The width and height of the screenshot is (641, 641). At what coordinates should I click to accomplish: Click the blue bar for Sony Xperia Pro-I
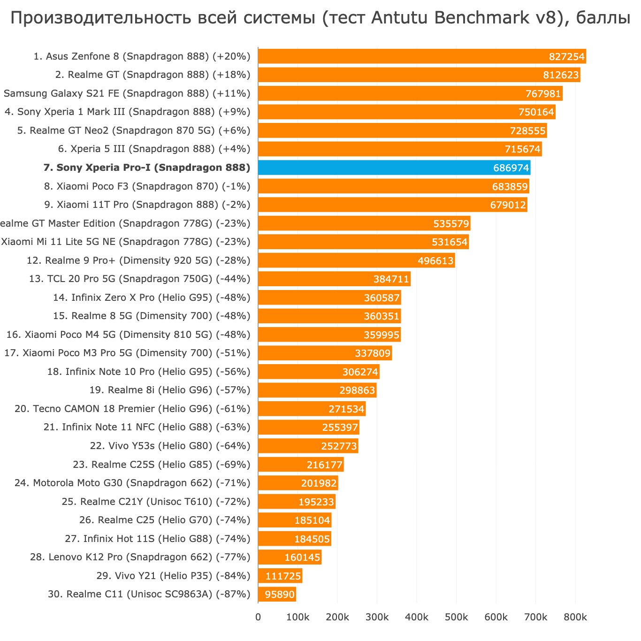(394, 168)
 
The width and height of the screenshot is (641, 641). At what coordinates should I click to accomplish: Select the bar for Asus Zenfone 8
(422, 56)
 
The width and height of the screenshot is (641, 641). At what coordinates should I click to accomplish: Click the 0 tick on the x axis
(258, 618)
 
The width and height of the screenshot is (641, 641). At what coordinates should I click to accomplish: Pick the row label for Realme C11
(149, 594)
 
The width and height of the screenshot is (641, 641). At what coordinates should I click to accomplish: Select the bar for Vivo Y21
(280, 576)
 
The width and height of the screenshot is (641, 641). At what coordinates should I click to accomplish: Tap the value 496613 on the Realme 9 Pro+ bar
(435, 260)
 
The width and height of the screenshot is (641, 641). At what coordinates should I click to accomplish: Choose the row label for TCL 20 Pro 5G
(139, 279)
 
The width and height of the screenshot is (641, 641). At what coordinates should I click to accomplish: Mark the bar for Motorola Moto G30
(298, 483)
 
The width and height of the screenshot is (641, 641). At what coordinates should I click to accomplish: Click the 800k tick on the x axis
(575, 618)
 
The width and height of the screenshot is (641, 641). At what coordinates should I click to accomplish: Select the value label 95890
(280, 595)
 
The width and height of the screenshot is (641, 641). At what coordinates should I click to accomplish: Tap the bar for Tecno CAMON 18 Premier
(312, 409)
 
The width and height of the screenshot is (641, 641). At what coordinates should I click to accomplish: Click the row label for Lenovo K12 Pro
(140, 557)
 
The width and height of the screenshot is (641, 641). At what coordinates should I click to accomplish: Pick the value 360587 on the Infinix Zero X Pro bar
(382, 298)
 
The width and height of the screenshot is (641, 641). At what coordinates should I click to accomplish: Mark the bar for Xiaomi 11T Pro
(392, 205)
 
